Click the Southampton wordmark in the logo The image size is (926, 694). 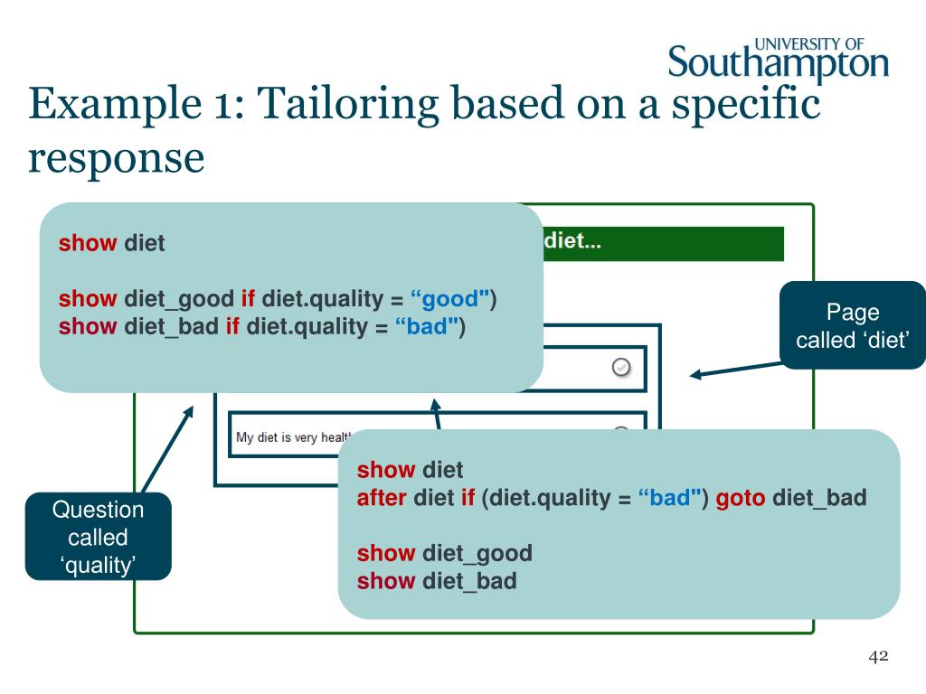tap(779, 64)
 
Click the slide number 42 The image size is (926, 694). tap(878, 657)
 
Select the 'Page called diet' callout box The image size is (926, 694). tap(852, 325)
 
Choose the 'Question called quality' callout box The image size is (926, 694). tap(98, 537)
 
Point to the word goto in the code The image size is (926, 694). tap(741, 498)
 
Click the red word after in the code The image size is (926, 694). tap(382, 498)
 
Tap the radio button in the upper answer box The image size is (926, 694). tap(621, 367)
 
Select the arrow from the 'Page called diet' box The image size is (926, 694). tap(734, 370)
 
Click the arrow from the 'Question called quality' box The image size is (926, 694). tap(169, 449)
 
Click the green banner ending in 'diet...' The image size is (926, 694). tap(663, 243)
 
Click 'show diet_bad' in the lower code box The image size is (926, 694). tap(437, 581)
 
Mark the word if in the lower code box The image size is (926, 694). tap(468, 498)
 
